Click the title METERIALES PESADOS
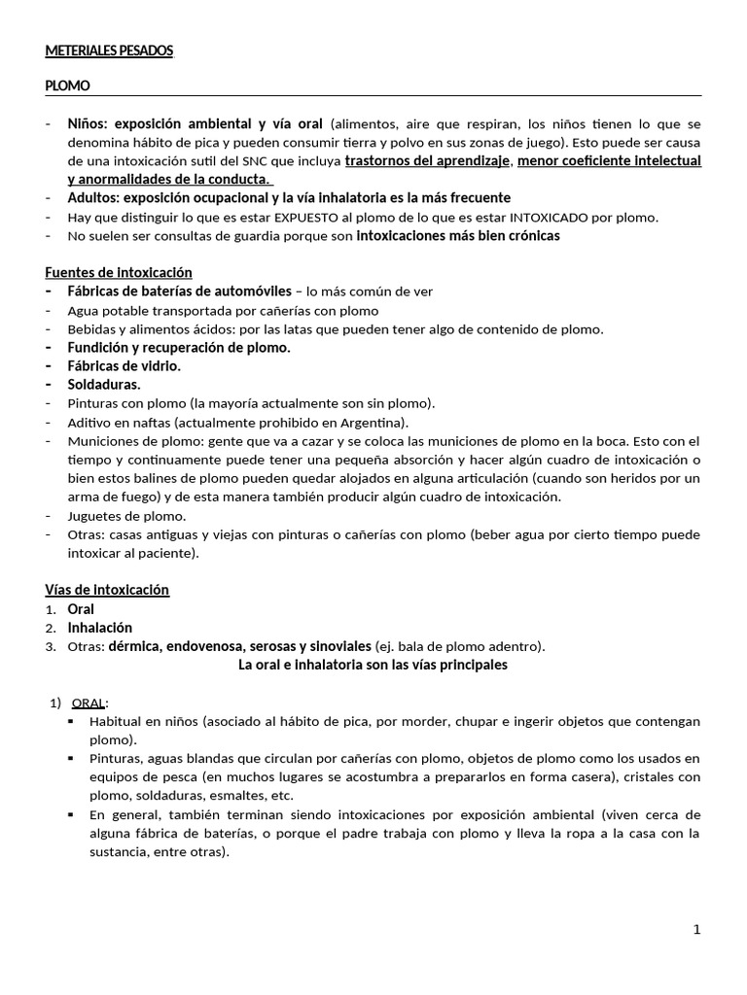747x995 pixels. pos(109,51)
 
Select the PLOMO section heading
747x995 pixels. pos(67,86)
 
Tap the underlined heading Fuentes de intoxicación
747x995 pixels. pos(119,272)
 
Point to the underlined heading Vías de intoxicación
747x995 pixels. pos(107,590)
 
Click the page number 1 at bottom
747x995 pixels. pos(696,929)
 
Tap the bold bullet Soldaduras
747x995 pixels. pos(103,385)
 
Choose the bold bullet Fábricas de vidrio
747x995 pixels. pos(124,366)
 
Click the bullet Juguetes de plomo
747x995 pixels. pos(126,516)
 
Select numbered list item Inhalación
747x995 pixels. pos(99,628)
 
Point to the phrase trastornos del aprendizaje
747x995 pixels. pos(427,160)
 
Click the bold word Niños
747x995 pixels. pos(89,123)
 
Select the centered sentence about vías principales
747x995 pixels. pos(373,666)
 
